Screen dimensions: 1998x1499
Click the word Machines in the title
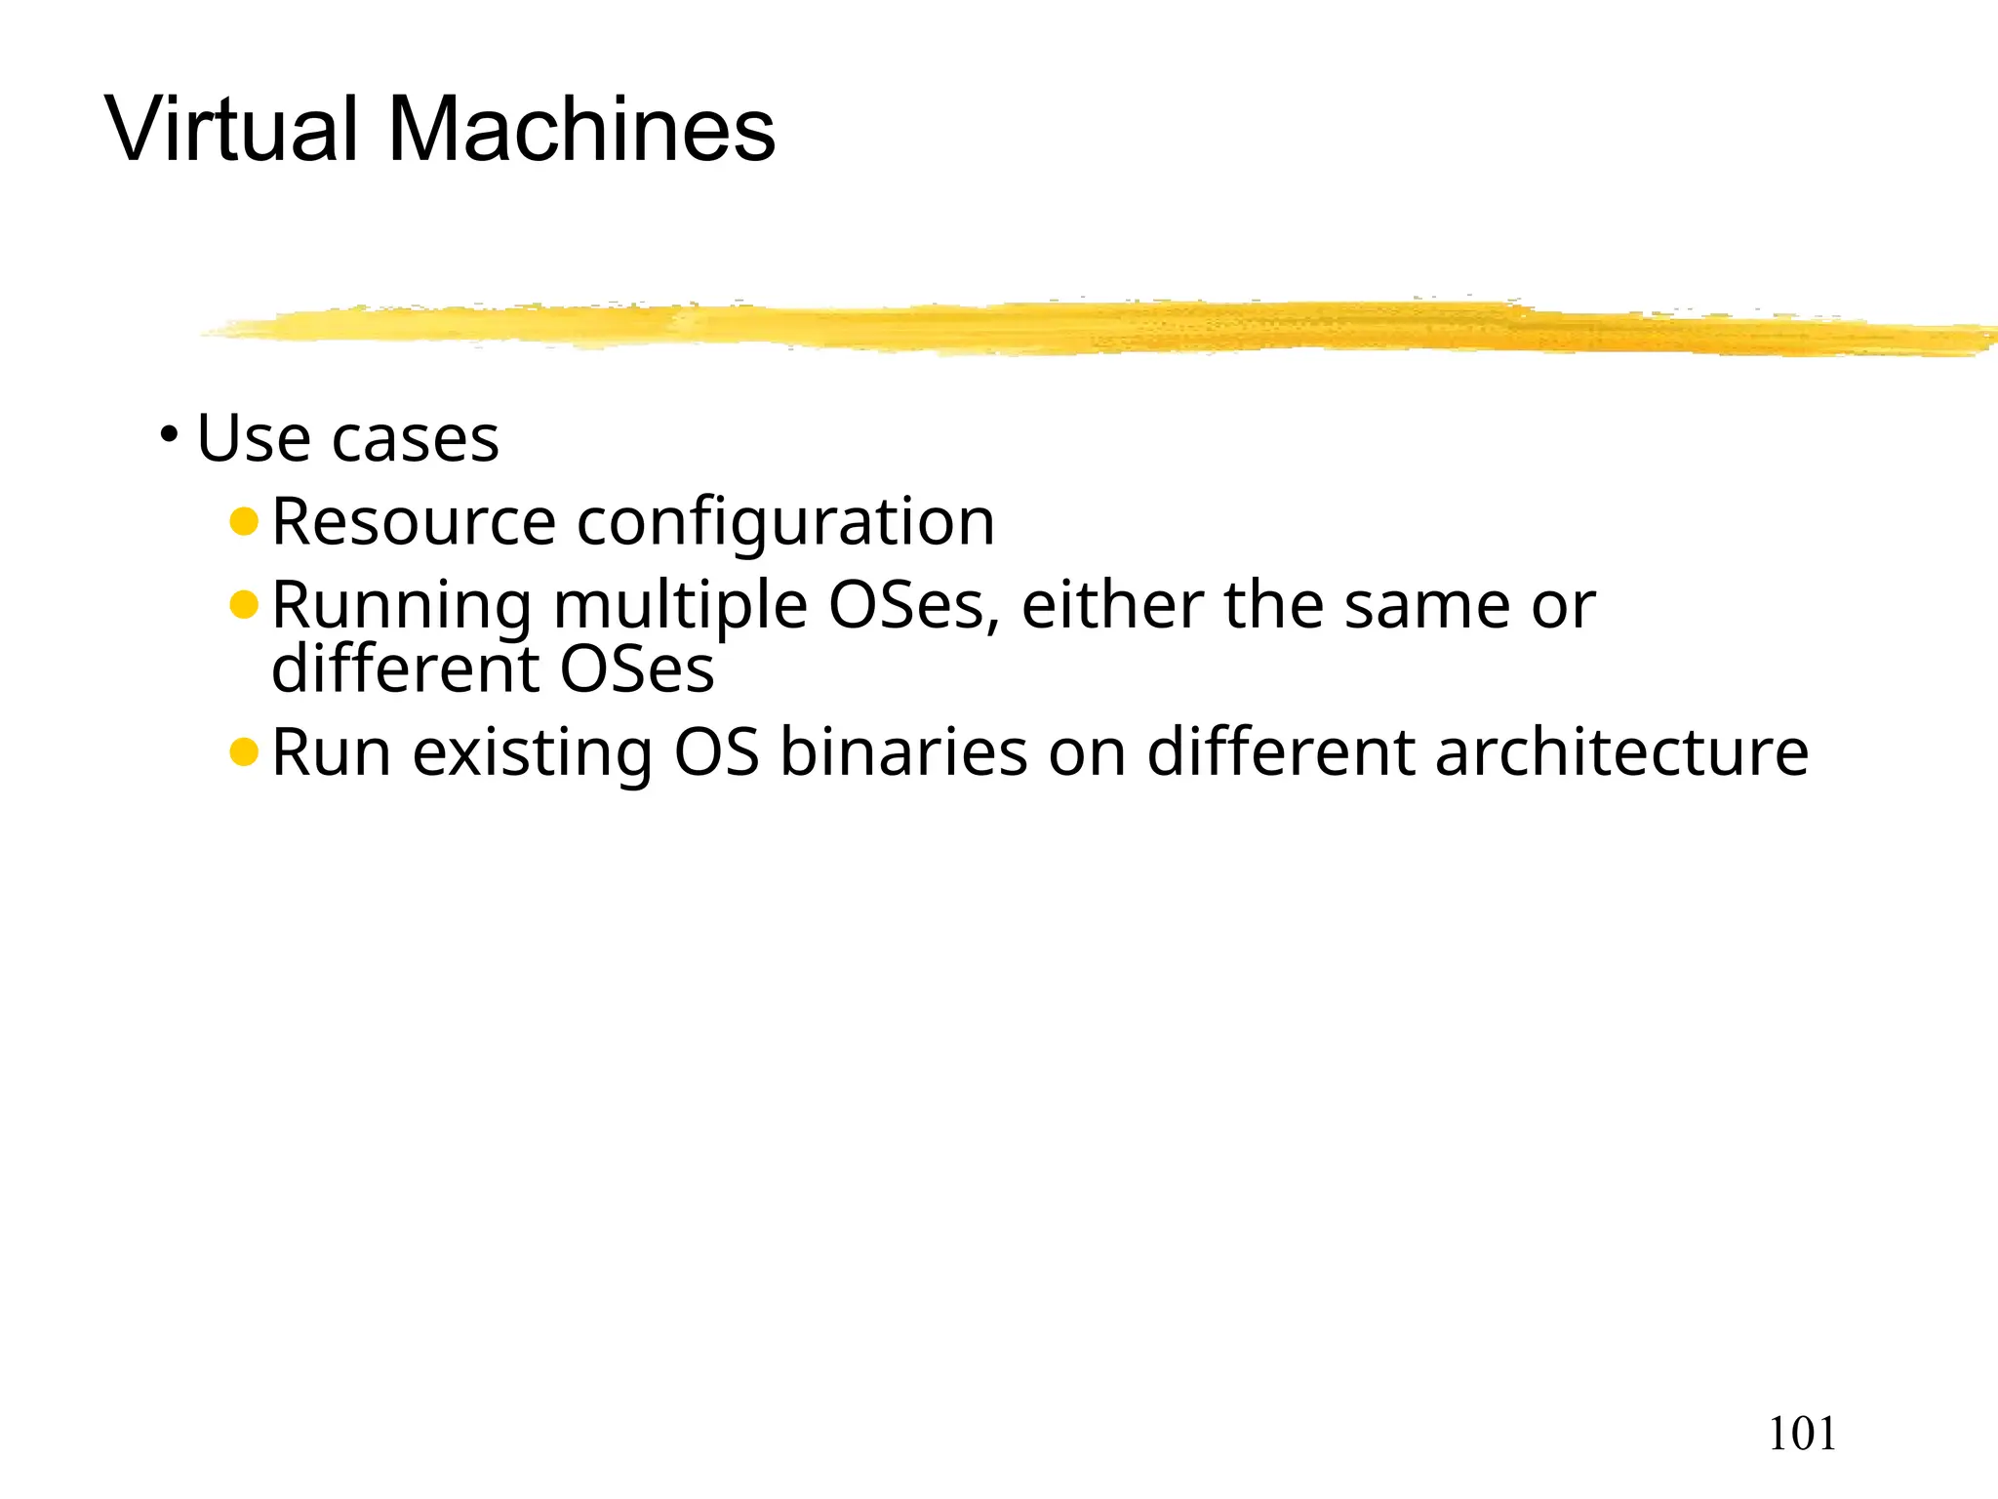coord(581,129)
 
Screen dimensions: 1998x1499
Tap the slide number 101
coord(1802,1434)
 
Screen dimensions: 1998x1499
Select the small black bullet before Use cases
coord(170,432)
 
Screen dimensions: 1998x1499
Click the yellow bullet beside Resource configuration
coord(243,521)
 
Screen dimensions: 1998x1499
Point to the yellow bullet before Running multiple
coord(243,605)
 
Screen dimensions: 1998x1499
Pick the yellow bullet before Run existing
coord(243,751)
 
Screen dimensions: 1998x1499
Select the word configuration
coord(785,523)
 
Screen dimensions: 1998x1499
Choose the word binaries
coord(903,751)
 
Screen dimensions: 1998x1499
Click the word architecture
coord(1621,751)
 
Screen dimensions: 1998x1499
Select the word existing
coord(532,753)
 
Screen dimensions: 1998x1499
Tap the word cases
coord(416,439)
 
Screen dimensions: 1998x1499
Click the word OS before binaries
coord(716,751)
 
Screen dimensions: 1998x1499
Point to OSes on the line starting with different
coord(636,669)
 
